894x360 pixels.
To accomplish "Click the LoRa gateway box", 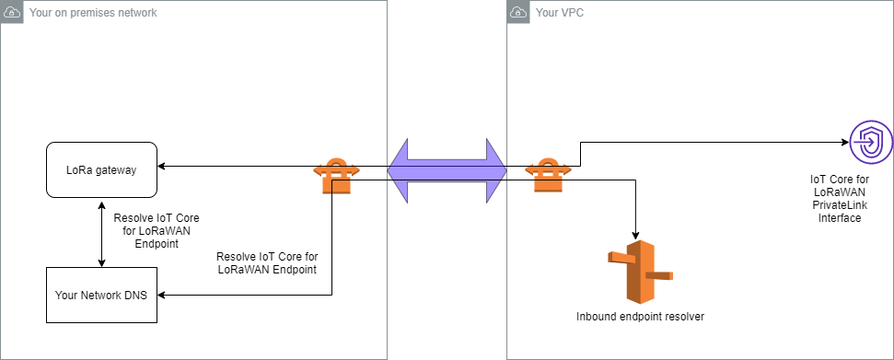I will tap(101, 169).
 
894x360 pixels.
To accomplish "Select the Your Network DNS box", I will tap(101, 296).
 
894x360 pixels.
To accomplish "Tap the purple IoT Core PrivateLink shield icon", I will tap(869, 143).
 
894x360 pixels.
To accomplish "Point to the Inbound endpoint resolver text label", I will tap(640, 317).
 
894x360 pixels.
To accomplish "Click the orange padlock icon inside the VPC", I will tap(547, 174).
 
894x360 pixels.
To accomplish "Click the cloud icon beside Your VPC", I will tap(519, 13).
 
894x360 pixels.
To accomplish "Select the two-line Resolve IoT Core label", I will tap(267, 262).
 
